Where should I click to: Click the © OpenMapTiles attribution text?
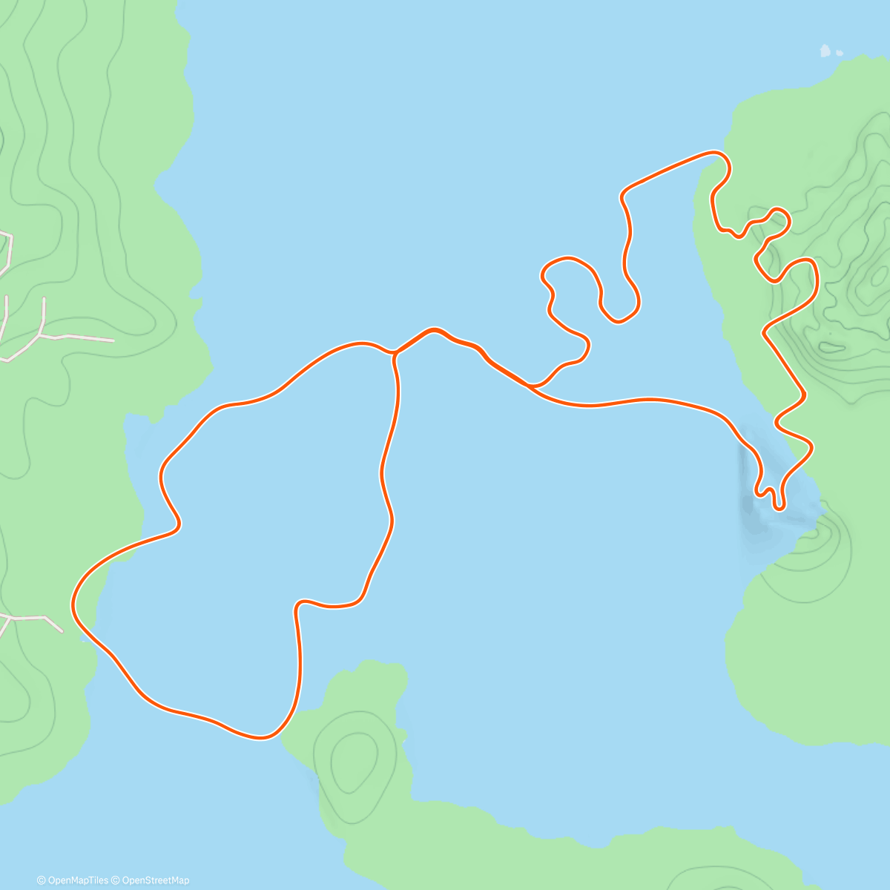[x=73, y=880]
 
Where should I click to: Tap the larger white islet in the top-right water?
[x=825, y=51]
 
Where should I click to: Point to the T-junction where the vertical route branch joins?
[x=394, y=353]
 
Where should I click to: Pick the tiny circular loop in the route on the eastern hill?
[x=778, y=219]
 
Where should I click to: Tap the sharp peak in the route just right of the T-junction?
[x=433, y=329]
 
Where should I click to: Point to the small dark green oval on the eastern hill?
[x=831, y=346]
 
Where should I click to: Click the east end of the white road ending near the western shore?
[x=113, y=340]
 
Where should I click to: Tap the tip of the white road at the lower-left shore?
[x=61, y=631]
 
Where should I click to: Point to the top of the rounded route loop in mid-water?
[x=568, y=259]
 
